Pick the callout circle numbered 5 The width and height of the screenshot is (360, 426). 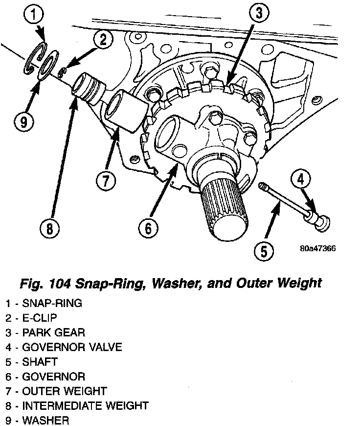tap(264, 251)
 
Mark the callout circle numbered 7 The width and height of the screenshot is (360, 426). tap(106, 181)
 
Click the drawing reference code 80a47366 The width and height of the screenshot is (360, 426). tap(318, 248)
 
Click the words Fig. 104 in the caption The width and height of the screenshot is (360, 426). tap(48, 283)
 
